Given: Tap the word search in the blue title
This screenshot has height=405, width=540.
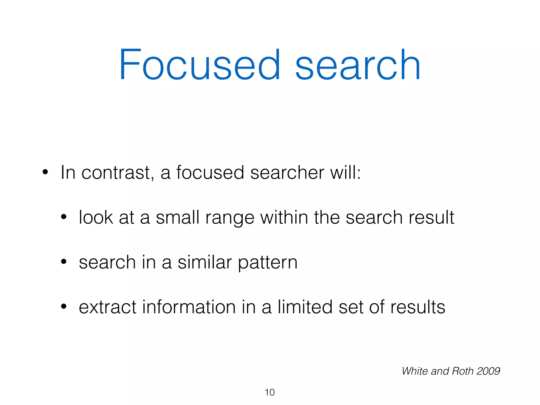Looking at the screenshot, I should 358,65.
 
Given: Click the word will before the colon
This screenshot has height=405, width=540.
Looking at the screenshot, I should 345,173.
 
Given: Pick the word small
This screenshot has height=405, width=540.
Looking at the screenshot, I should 177,218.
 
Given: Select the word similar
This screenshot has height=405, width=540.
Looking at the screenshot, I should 205,262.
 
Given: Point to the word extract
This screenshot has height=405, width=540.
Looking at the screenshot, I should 108,307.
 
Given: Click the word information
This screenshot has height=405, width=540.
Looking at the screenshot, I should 189,307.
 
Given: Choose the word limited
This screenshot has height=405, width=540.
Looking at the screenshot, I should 305,307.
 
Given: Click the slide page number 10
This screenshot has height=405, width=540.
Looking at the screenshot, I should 270,392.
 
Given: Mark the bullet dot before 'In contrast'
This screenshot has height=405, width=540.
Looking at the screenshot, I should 45,172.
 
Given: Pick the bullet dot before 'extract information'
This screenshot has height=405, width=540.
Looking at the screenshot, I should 64,307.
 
